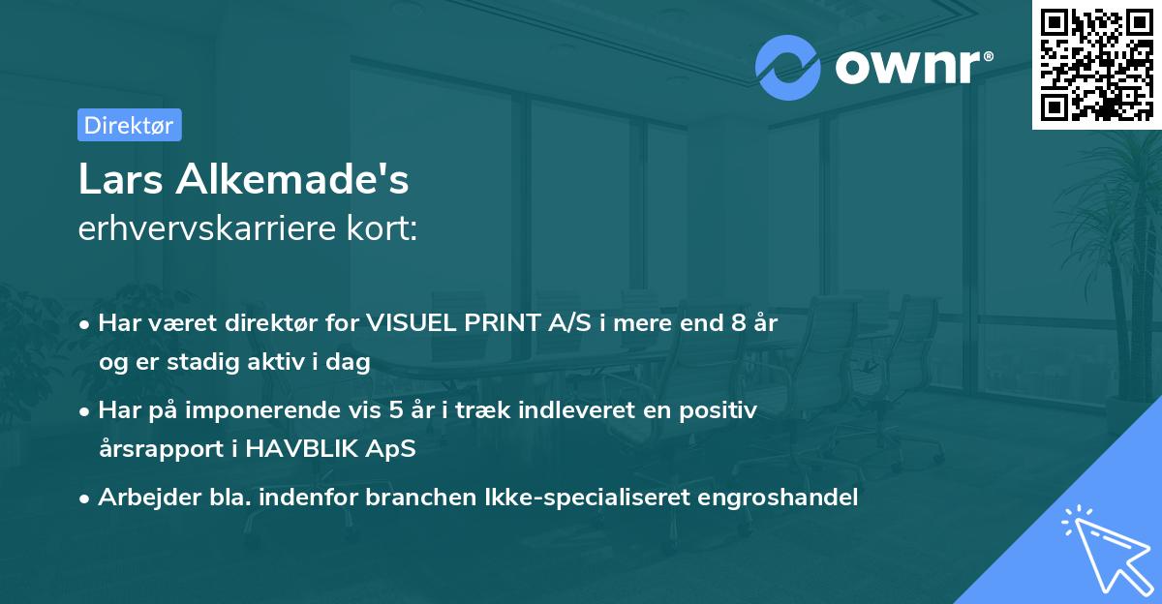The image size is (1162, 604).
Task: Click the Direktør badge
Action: tap(129, 125)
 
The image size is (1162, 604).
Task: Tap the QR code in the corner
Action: tap(1097, 64)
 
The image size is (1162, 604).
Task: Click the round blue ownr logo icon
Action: tap(788, 68)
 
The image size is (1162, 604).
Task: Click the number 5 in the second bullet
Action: tap(397, 410)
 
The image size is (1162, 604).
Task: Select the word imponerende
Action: tap(278, 410)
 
